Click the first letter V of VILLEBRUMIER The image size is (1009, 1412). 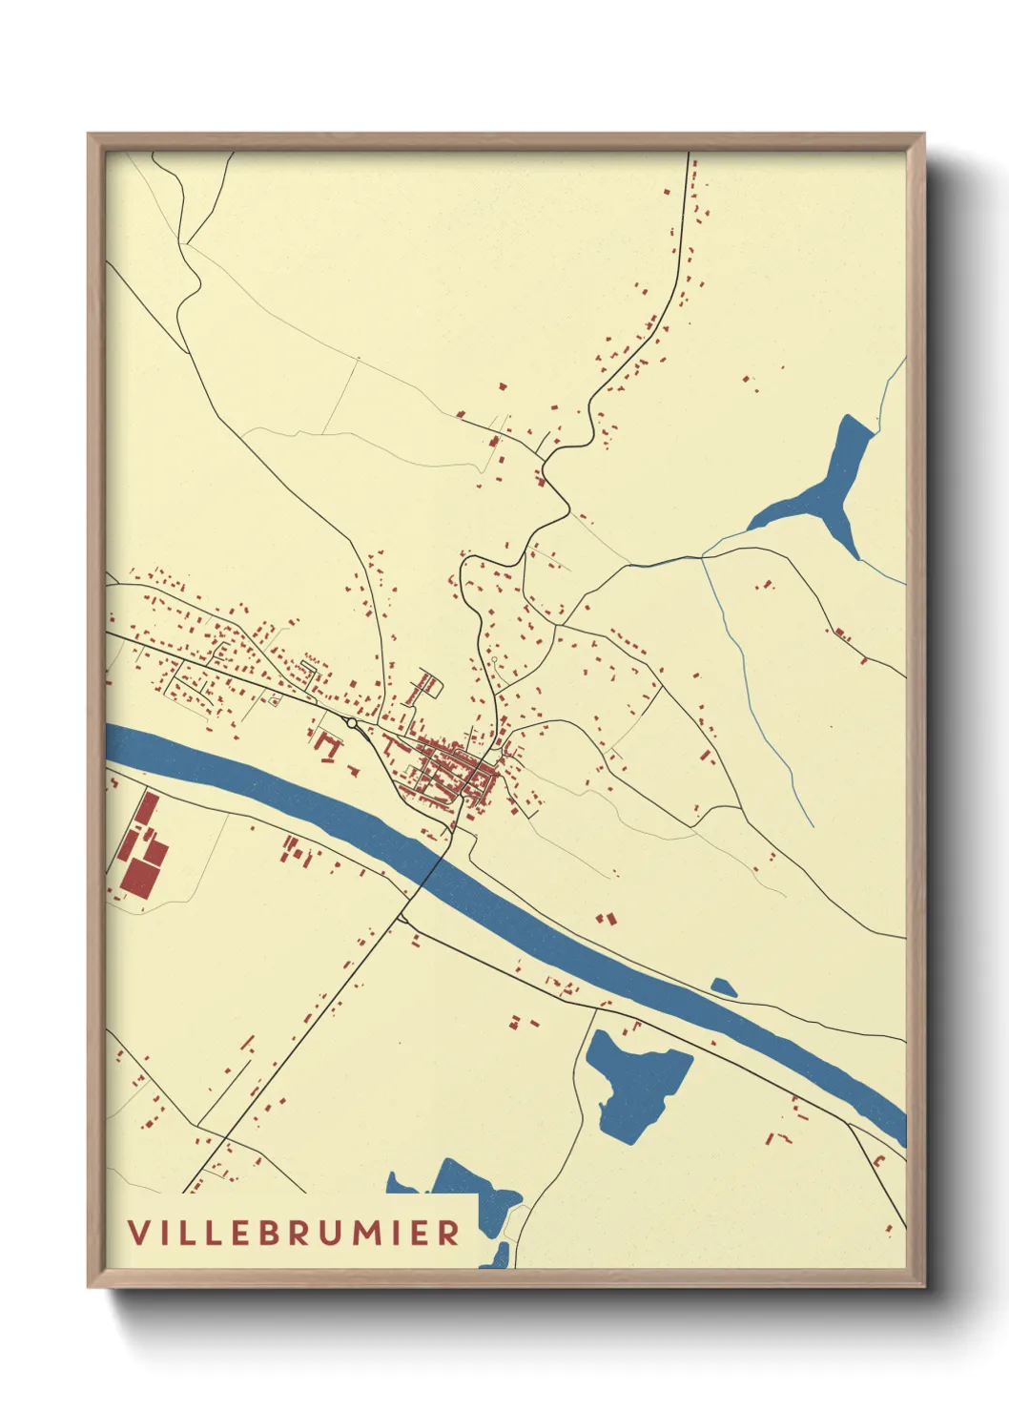139,1233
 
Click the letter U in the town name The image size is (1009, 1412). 328,1233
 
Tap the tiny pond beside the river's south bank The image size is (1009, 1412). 724,987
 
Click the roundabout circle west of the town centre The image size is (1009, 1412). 352,724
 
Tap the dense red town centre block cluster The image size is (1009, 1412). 458,768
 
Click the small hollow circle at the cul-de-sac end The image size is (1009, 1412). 494,658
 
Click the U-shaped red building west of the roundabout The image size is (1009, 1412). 328,745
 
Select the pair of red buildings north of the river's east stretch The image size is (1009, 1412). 606,918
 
